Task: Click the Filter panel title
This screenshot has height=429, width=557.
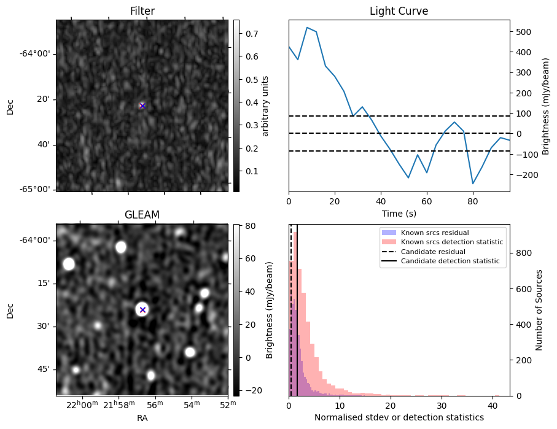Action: tap(142, 11)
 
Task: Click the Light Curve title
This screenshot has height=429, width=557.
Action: tap(399, 11)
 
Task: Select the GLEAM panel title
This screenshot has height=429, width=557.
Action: tap(142, 215)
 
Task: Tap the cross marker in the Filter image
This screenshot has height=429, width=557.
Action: tap(142, 106)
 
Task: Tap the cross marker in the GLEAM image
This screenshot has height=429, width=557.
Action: tap(142, 310)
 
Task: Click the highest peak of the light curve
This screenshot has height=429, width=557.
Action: tap(307, 28)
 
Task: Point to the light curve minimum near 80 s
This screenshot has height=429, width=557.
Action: tap(473, 184)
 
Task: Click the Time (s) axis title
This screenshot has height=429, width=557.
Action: tap(399, 213)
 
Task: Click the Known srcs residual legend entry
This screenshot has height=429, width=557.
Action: tap(434, 233)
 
